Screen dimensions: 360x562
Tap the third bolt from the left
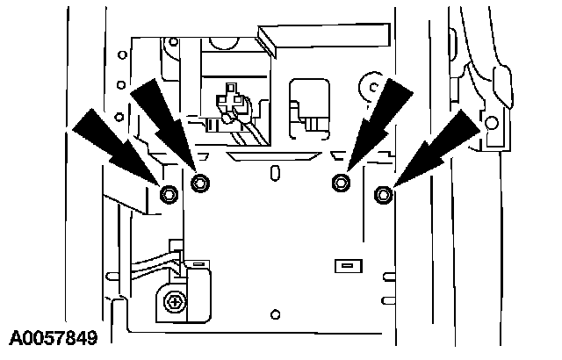pos(340,183)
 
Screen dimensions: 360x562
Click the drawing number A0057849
pos(54,337)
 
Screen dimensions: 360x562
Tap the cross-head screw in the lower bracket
pos(177,302)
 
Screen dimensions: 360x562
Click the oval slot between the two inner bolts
pos(275,169)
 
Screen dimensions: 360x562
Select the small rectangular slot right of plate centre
pos(346,264)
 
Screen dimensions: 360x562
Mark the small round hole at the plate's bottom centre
pos(276,313)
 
